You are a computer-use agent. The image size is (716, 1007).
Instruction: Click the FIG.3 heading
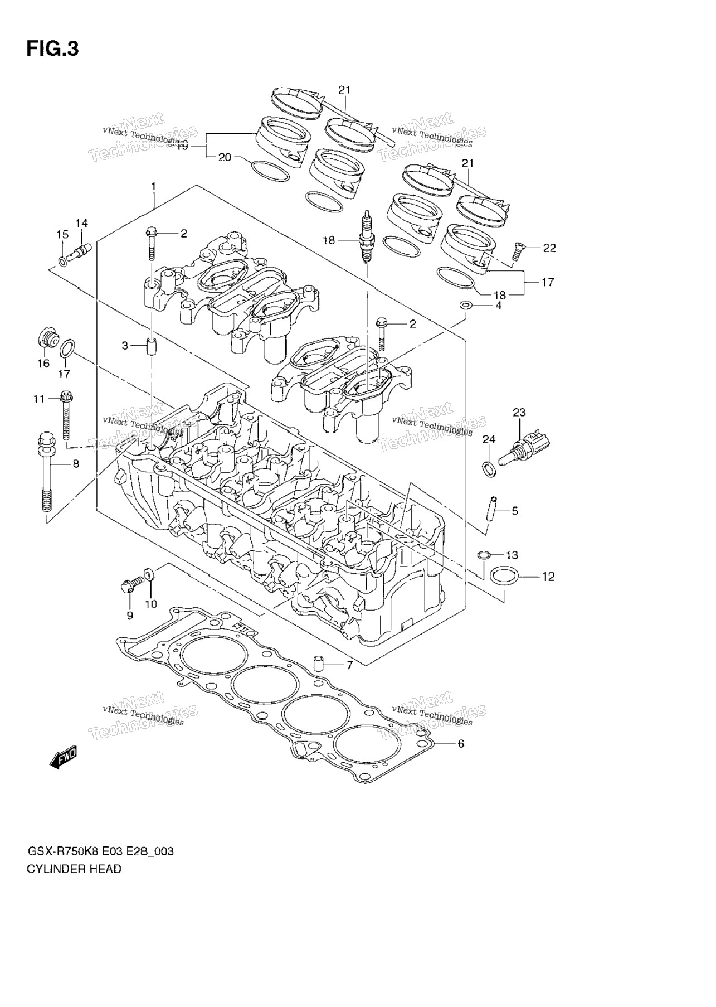pos(52,49)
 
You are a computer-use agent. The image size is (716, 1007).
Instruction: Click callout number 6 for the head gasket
pos(460,743)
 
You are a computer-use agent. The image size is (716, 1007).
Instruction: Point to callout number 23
pos(519,413)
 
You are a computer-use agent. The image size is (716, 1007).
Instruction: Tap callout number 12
pos(548,577)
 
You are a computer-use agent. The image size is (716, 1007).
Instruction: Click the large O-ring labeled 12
pos(505,577)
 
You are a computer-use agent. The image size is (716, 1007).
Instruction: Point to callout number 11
pos(38,399)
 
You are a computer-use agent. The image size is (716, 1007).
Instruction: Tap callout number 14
pos(81,224)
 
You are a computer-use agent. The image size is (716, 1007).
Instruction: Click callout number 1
pos(153,186)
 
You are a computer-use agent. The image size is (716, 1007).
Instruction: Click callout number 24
pos(488,440)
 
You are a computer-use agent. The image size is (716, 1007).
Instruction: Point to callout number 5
pos(515,510)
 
